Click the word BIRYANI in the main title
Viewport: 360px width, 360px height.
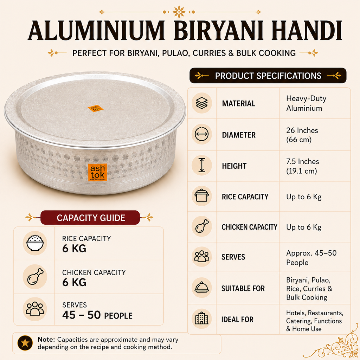tap(218, 31)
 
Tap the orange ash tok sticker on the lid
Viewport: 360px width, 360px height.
tap(96, 109)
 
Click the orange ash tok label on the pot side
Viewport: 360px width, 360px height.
tap(98, 172)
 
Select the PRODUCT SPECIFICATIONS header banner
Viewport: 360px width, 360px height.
tap(268, 76)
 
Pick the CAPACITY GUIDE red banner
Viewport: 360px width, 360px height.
tap(90, 218)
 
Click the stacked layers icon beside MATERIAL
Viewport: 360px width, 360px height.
tap(201, 103)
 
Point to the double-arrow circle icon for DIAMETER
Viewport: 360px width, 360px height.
tap(201, 134)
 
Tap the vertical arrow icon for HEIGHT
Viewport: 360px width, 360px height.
tap(201, 165)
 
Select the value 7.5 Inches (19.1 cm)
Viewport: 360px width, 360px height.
tap(302, 166)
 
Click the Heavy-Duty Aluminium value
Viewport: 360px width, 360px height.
tap(306, 103)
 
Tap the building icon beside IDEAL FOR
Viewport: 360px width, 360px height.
tap(201, 318)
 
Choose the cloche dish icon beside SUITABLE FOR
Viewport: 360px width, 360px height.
tap(201, 287)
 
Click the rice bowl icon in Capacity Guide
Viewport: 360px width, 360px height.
tap(35, 243)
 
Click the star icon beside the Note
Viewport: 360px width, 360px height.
tap(25, 343)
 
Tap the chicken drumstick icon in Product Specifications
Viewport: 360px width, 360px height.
tap(201, 227)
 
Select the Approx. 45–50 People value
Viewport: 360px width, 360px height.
tap(311, 258)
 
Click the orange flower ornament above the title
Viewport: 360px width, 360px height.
tap(179, 12)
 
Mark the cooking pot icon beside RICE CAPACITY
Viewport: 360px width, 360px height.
tap(201, 195)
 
